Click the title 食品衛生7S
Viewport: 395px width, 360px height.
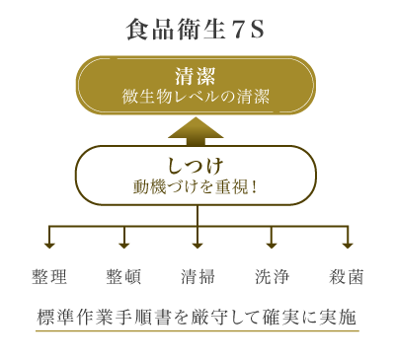click(196, 30)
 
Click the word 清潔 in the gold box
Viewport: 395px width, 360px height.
click(196, 75)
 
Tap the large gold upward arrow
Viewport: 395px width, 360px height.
click(197, 130)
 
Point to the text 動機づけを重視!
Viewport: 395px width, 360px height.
click(196, 185)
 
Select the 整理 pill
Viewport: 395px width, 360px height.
click(49, 277)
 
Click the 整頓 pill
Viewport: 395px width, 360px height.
click(123, 277)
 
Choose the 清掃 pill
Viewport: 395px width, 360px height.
click(197, 277)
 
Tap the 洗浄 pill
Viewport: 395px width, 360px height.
click(272, 277)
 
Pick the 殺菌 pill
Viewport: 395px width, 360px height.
click(346, 277)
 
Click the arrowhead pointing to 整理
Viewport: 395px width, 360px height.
click(49, 244)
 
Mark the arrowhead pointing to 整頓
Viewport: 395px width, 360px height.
click(123, 244)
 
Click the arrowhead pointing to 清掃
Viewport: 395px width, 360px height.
click(197, 244)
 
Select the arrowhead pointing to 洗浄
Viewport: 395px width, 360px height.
click(272, 244)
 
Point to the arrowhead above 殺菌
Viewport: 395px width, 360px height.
click(346, 244)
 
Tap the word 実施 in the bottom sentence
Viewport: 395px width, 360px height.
click(339, 320)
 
